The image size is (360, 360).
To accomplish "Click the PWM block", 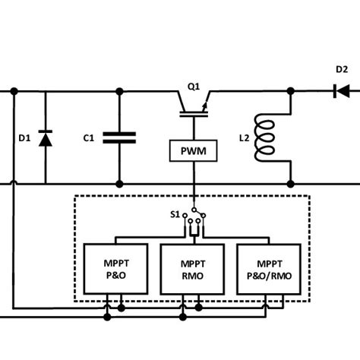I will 194,152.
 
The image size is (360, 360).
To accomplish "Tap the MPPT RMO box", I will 192,269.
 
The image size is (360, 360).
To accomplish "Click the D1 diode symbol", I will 45,138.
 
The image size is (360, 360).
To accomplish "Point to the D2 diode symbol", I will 341,91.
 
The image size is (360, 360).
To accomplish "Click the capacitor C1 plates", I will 119,137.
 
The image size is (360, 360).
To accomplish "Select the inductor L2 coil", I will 267,137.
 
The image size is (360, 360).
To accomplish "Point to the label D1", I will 24,138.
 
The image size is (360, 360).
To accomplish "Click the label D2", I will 342,70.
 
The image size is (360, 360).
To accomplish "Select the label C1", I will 88,138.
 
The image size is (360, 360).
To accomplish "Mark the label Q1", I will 194,87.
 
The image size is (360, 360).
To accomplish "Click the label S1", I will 175,215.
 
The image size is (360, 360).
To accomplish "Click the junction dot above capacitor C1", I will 119,91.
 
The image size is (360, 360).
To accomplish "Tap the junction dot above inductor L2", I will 291,91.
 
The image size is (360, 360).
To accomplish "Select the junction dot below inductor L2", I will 291,183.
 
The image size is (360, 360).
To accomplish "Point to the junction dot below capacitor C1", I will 119,183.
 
